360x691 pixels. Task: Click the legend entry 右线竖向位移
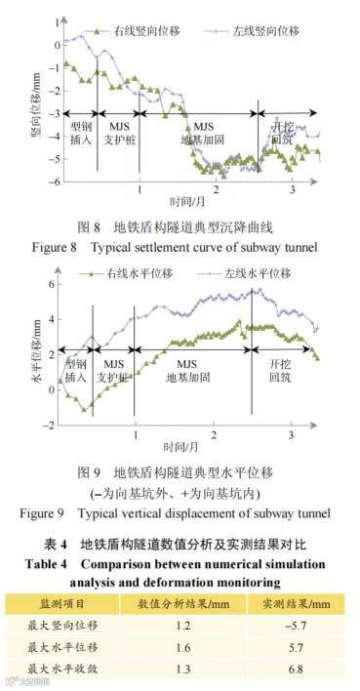[x=132, y=31]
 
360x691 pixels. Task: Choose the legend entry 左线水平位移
[x=247, y=273]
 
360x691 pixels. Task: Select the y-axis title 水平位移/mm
[x=36, y=354]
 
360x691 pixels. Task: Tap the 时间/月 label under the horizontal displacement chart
[x=180, y=447]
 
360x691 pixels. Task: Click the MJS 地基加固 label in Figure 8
[x=203, y=134]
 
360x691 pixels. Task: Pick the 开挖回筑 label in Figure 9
[x=280, y=371]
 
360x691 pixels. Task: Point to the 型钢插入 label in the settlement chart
[x=81, y=134]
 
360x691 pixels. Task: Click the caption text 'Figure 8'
[x=55, y=247]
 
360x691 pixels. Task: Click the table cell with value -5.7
[x=296, y=625]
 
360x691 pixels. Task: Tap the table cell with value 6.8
[x=296, y=669]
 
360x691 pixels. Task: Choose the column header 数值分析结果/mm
[x=183, y=603]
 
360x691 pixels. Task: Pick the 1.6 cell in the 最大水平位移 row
[x=183, y=647]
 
